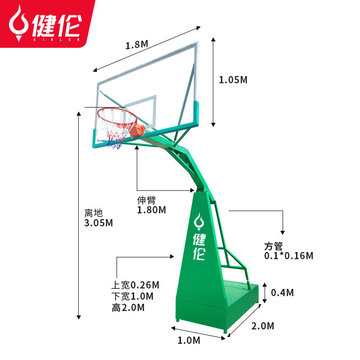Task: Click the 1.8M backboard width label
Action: pyautogui.click(x=137, y=45)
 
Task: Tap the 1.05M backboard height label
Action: pyautogui.click(x=233, y=80)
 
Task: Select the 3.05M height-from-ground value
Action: pyautogui.click(x=99, y=223)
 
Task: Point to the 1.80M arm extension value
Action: pyautogui.click(x=151, y=210)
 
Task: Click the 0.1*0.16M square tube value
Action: pyautogui.click(x=288, y=256)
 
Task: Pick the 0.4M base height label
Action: pyautogui.click(x=283, y=293)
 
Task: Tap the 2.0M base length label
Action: pyautogui.click(x=263, y=326)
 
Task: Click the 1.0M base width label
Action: pyautogui.click(x=189, y=340)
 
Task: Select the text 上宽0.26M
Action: pyautogui.click(x=135, y=285)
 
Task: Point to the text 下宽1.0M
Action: pyautogui.click(x=132, y=296)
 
